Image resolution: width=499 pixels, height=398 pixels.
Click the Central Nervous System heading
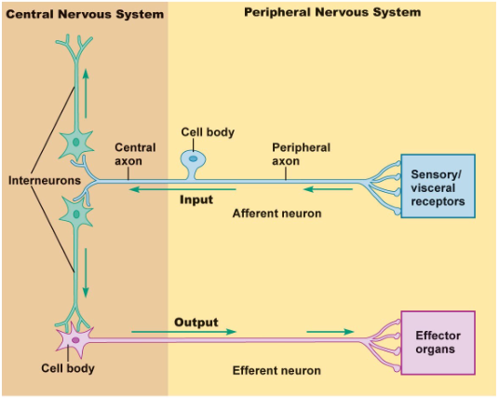(x=84, y=14)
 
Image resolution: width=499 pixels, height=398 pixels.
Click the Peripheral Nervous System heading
(x=331, y=12)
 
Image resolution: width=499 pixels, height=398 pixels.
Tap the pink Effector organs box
(x=437, y=342)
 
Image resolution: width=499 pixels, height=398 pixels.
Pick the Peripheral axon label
(x=300, y=154)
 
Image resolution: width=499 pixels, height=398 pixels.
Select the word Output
(x=196, y=323)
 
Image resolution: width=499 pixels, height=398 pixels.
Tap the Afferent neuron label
(x=276, y=213)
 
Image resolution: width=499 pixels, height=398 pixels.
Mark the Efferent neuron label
(x=276, y=370)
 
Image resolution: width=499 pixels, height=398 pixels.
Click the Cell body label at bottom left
(x=67, y=368)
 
